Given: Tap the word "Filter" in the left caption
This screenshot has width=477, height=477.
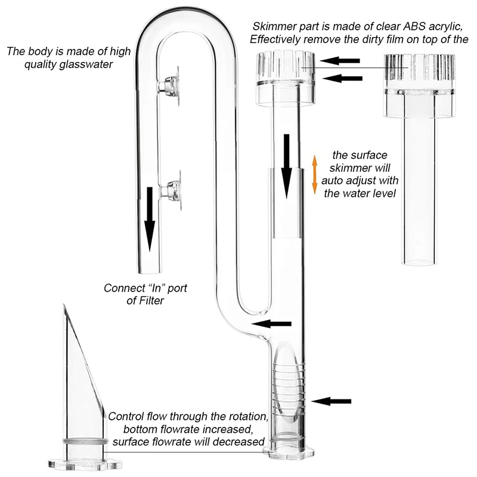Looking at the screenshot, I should click(x=148, y=301).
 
